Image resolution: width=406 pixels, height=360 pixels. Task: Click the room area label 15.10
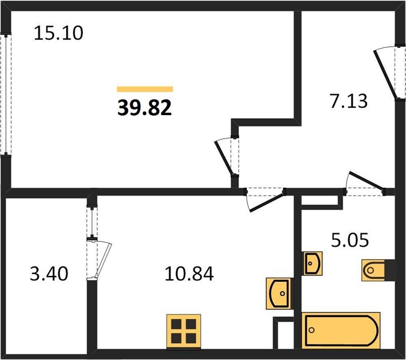(x=58, y=33)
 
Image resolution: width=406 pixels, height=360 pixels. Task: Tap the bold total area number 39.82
(x=145, y=108)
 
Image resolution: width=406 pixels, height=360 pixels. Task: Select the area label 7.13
(x=348, y=101)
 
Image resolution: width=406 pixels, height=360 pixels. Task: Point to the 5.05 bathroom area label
(x=350, y=240)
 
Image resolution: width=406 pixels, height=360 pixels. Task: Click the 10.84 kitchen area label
(x=189, y=274)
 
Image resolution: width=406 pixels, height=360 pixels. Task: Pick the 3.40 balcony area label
(x=49, y=274)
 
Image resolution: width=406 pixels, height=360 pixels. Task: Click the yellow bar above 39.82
(x=145, y=89)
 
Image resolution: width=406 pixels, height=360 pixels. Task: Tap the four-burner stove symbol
(x=184, y=332)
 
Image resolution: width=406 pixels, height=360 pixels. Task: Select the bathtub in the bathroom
(x=341, y=331)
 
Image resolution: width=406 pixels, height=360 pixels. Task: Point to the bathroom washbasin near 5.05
(x=313, y=263)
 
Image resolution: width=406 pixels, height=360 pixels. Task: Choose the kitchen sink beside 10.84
(x=279, y=293)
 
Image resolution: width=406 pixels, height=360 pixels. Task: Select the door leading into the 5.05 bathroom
(x=365, y=184)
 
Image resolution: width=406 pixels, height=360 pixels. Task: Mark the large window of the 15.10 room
(x=5, y=94)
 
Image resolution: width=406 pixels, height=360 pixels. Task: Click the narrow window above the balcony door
(x=92, y=221)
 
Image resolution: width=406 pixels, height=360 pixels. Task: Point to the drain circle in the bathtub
(x=312, y=330)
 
